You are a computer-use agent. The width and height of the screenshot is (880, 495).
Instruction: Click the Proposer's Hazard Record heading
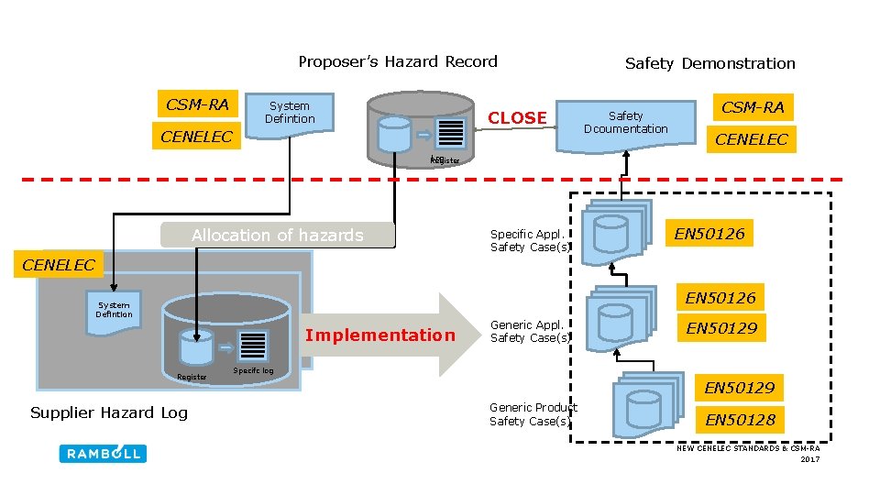click(x=398, y=62)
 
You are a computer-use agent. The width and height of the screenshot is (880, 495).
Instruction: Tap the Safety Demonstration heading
click(x=709, y=63)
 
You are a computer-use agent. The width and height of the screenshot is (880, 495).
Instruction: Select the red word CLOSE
click(x=517, y=117)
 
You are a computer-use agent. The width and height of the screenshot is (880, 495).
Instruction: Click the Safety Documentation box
click(x=626, y=123)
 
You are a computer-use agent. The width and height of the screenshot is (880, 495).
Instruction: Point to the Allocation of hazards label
click(x=277, y=236)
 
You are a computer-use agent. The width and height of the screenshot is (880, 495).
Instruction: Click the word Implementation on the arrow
click(x=379, y=335)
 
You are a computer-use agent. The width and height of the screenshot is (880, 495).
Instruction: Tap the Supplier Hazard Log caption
click(x=109, y=412)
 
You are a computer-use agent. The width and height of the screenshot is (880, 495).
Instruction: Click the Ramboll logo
click(x=103, y=453)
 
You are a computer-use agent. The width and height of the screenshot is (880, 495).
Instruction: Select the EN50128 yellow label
click(x=741, y=420)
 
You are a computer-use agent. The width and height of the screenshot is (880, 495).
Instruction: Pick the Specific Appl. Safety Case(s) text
click(x=530, y=240)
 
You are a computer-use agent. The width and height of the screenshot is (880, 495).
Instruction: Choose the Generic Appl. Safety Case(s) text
click(x=530, y=331)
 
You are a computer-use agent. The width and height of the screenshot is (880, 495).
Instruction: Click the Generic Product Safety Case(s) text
click(x=533, y=414)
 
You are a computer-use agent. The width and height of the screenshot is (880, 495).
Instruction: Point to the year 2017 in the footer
click(x=809, y=459)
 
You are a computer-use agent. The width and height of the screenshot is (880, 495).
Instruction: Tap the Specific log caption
click(x=253, y=370)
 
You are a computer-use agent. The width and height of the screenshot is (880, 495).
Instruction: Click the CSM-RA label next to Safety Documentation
click(x=753, y=107)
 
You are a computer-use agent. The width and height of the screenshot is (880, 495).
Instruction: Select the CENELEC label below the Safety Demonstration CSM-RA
click(x=752, y=139)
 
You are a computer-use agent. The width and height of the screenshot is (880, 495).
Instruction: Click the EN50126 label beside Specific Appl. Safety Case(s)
click(x=709, y=234)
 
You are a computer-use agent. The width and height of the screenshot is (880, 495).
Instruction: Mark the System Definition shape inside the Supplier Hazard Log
click(x=115, y=311)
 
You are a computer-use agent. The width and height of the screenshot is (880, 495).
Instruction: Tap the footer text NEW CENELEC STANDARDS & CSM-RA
click(x=748, y=448)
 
